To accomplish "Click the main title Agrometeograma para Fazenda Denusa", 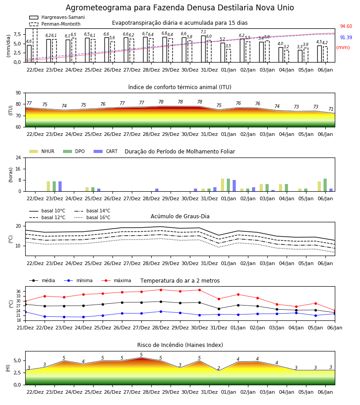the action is (x=180, y=8).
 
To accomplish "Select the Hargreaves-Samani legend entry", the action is (x=57, y=17).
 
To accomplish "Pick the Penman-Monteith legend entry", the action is (x=55, y=24).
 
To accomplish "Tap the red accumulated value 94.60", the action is (x=346, y=27).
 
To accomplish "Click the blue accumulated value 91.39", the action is (x=346, y=37).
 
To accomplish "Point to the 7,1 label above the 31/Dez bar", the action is (x=203, y=32).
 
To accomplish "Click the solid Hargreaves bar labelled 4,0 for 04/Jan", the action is (x=281, y=55).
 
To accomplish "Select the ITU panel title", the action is (x=180, y=87).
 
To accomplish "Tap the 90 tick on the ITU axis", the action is (x=18, y=93).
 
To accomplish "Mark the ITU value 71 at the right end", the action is (x=331, y=109).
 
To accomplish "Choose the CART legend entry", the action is (x=106, y=151).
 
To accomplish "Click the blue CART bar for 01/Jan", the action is (x=234, y=186).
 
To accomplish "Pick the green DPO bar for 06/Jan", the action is (x=325, y=185).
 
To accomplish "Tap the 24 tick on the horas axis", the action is (x=18, y=157).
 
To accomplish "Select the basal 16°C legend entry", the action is (x=92, y=217).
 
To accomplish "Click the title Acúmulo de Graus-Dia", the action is (x=180, y=216).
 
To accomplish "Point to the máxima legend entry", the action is (x=116, y=280).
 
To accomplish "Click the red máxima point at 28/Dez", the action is (x=161, y=290).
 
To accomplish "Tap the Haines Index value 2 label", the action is (x=219, y=368).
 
